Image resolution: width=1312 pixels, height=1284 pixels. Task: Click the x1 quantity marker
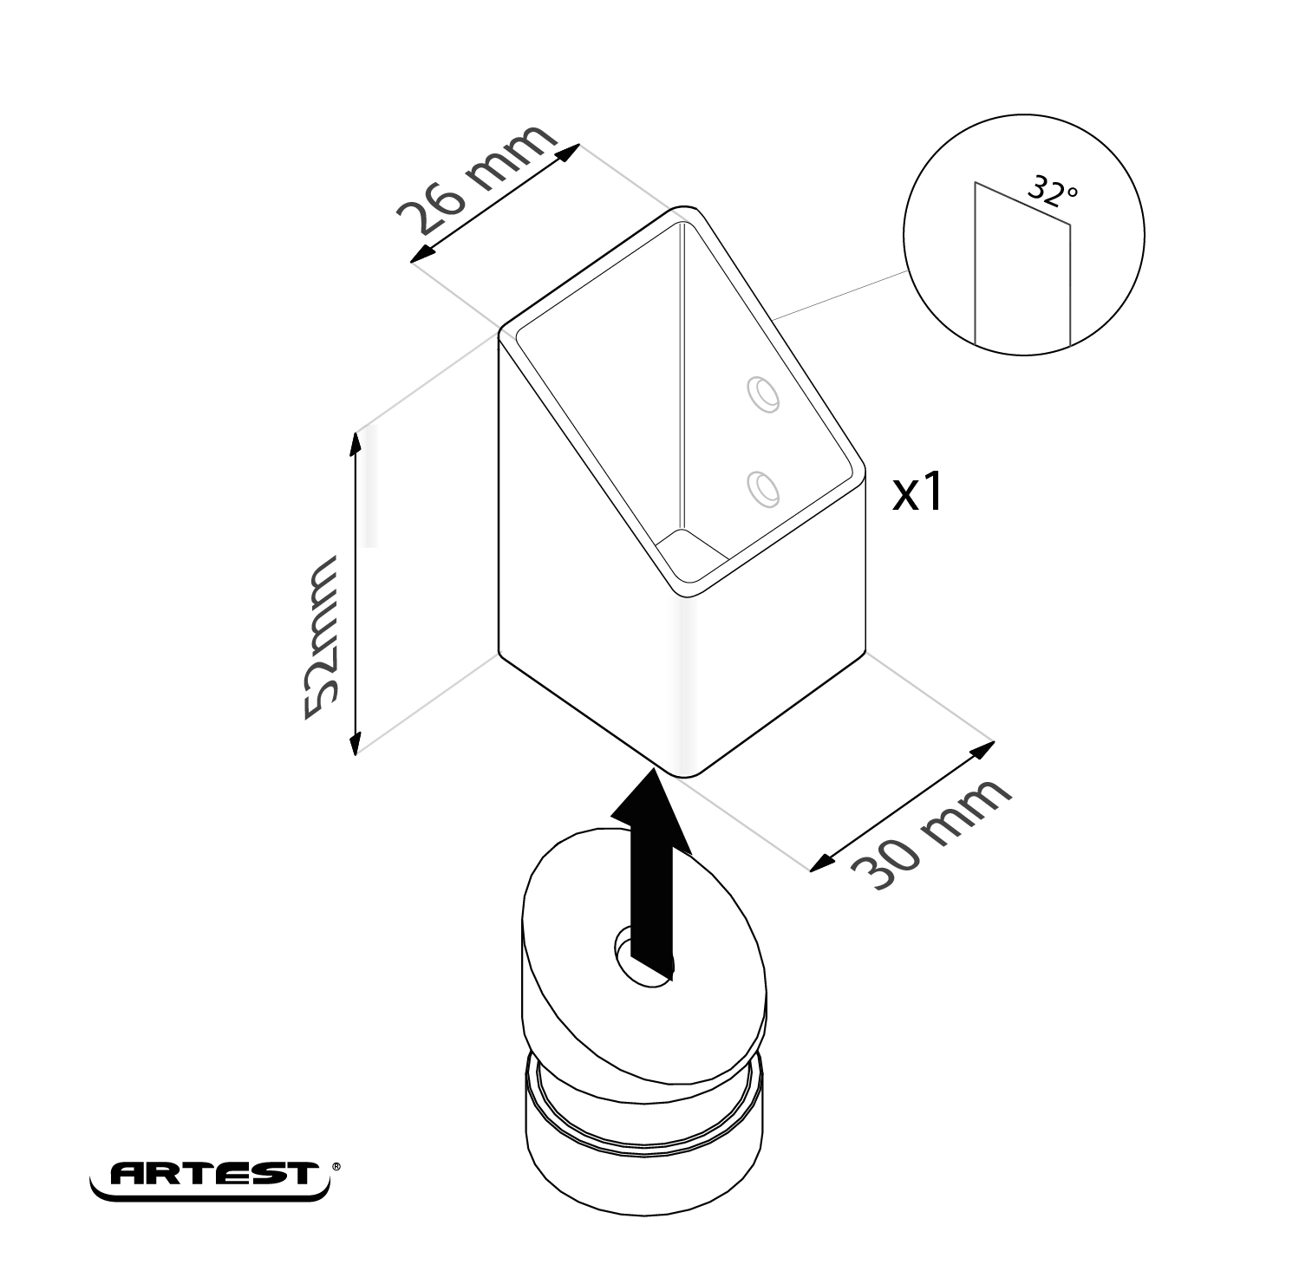(917, 493)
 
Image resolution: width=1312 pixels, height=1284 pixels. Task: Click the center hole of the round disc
(642, 954)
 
